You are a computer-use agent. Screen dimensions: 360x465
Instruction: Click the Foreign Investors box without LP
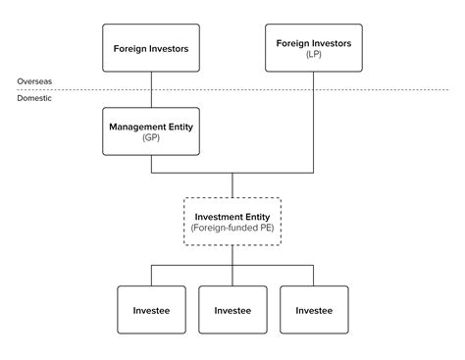coord(151,48)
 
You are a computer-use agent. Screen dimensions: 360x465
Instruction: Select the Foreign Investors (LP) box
coord(314,48)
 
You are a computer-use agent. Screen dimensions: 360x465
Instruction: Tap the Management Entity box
coord(151,130)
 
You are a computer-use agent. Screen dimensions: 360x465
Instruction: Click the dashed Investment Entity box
coord(232,221)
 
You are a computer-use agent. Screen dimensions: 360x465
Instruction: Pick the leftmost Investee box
coord(151,310)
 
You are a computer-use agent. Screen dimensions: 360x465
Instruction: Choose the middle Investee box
coord(232,310)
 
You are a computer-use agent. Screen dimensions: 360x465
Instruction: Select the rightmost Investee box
coord(314,310)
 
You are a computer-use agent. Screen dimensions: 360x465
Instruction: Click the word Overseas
coord(33,80)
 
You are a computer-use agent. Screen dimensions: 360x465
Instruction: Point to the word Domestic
coord(34,99)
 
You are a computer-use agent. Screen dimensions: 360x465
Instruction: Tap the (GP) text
coord(151,138)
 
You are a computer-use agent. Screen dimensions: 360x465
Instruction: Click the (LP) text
coord(314,55)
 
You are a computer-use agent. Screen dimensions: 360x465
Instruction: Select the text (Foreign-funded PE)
coord(232,228)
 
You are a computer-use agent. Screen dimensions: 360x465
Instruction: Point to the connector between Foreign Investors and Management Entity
coord(151,91)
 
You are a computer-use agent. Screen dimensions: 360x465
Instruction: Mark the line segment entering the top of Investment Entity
coord(232,186)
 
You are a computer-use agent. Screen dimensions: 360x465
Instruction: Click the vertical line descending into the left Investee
coord(151,275)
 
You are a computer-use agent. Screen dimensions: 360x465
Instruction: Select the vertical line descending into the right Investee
coord(314,275)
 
